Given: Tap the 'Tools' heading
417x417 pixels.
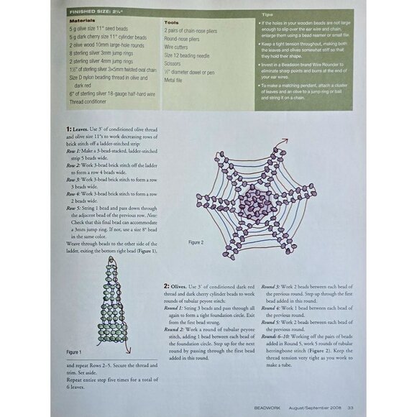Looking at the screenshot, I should pos(173,22).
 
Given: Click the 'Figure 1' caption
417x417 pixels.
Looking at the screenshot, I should pos(74,353).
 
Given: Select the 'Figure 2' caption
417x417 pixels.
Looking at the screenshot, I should pos(197,242).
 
